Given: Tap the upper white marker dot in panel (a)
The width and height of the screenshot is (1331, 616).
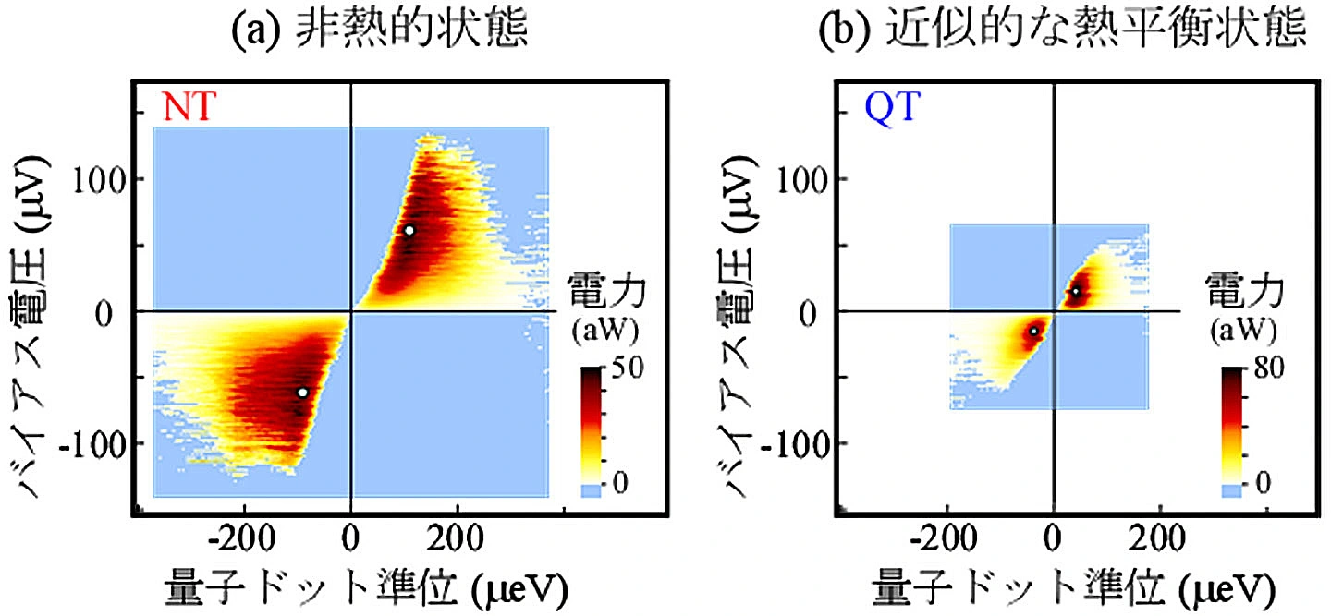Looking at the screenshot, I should (x=409, y=230).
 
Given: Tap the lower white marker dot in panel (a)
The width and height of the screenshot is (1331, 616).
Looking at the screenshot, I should (x=302, y=393).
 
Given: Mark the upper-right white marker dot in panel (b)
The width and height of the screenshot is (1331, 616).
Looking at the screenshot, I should (x=1075, y=292).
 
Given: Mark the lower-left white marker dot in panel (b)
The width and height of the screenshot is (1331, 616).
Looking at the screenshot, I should (x=1033, y=331).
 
